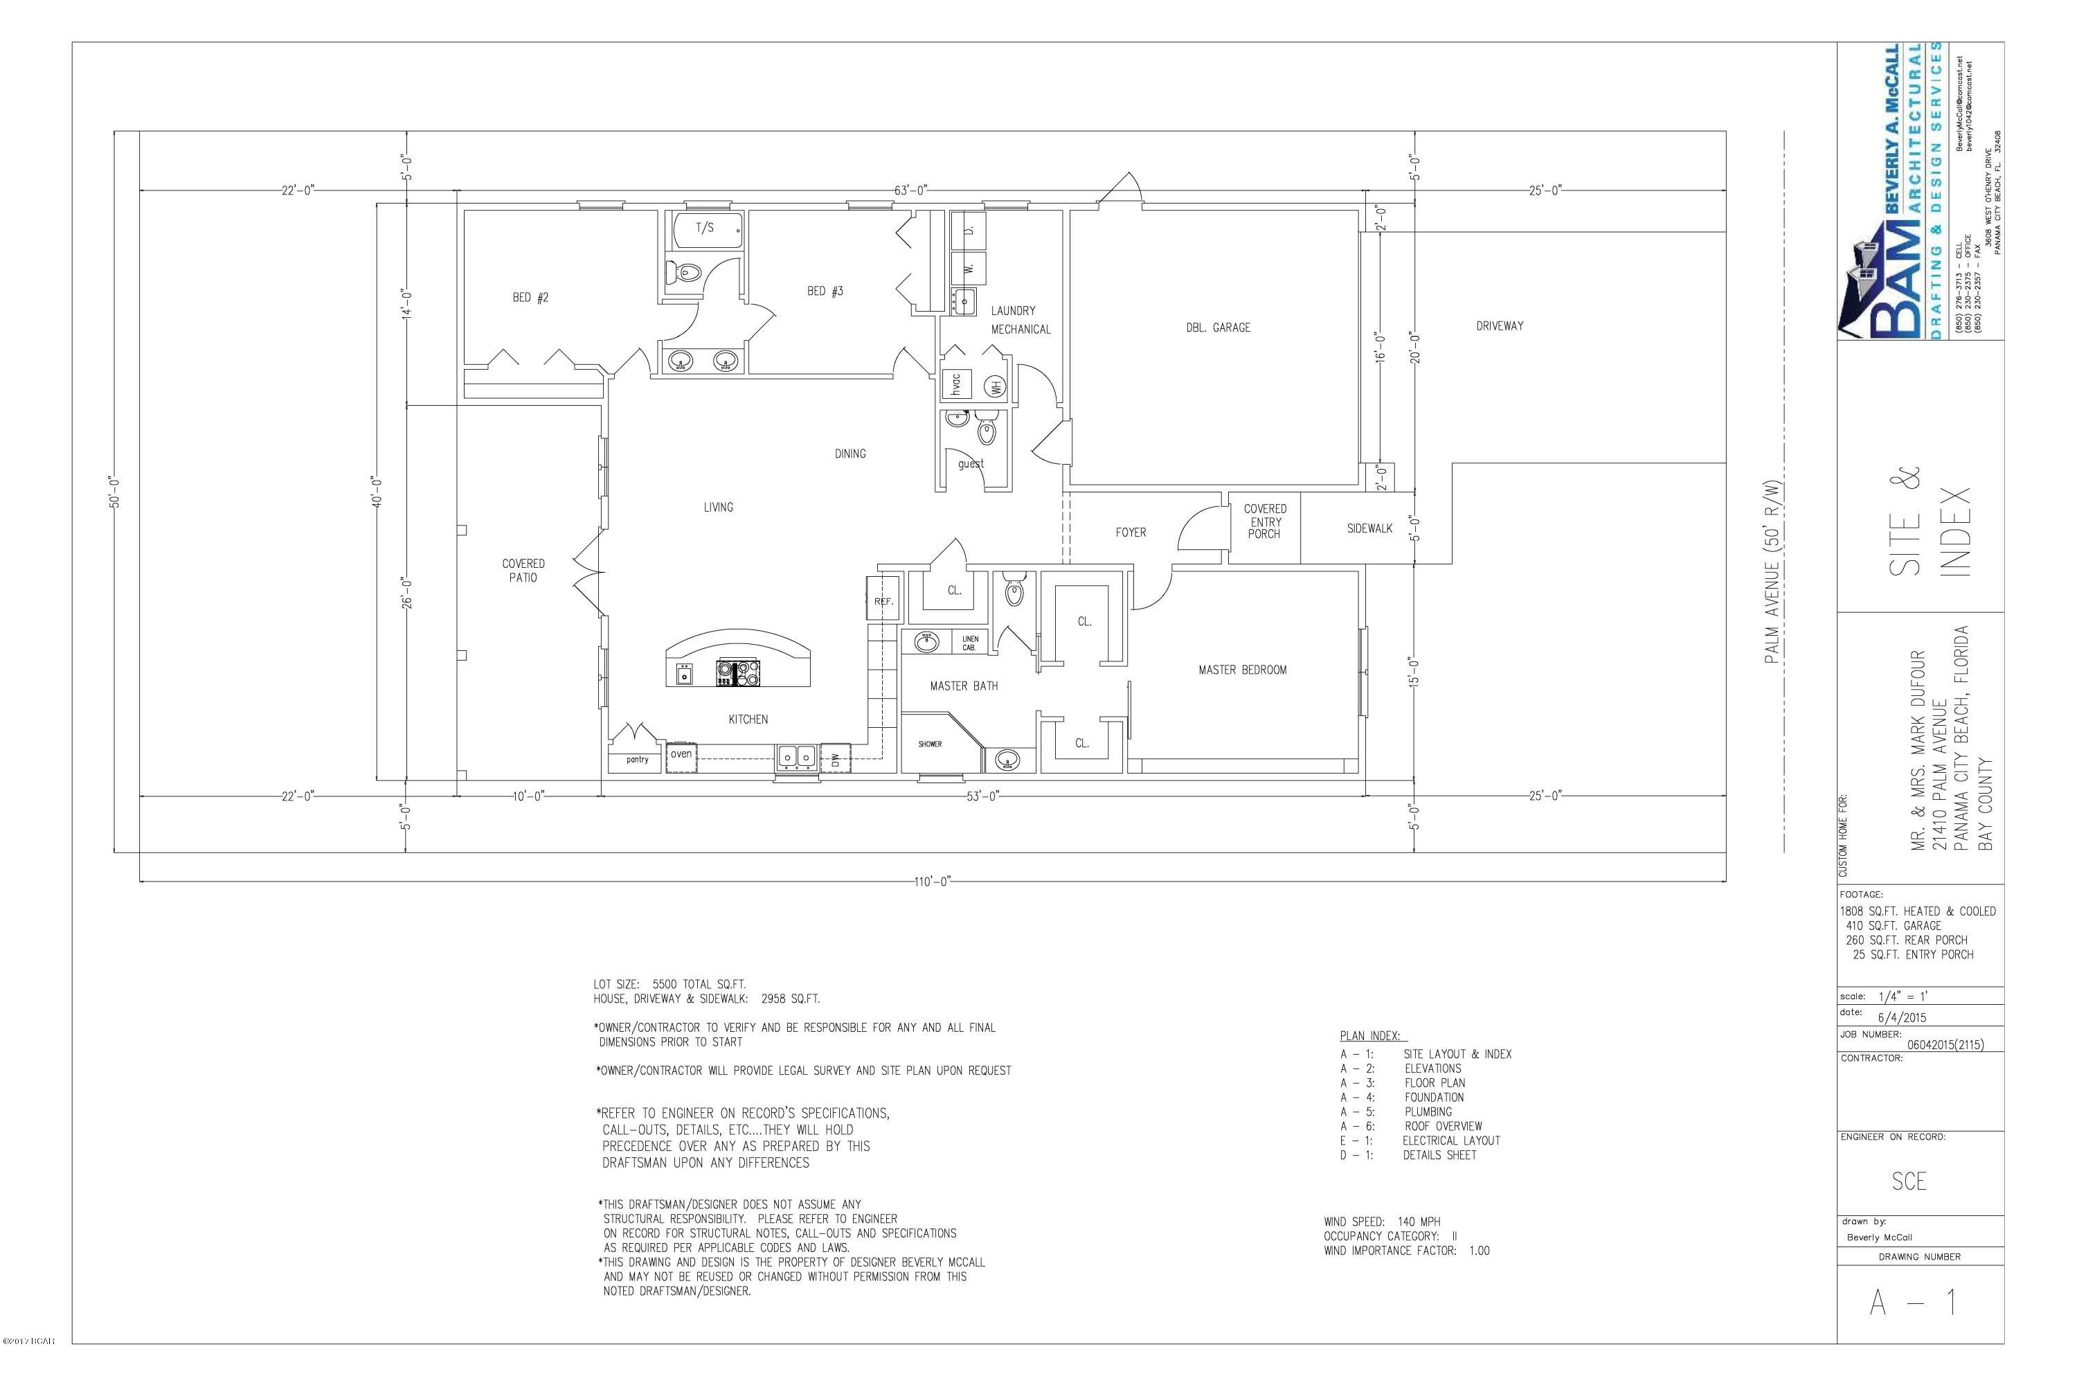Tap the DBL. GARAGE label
1218,328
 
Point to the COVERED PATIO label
523,571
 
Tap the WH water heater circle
996,386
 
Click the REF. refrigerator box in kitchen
883,600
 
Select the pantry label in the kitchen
637,760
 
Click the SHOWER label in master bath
930,744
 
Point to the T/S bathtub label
705,228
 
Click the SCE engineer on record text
1908,1181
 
